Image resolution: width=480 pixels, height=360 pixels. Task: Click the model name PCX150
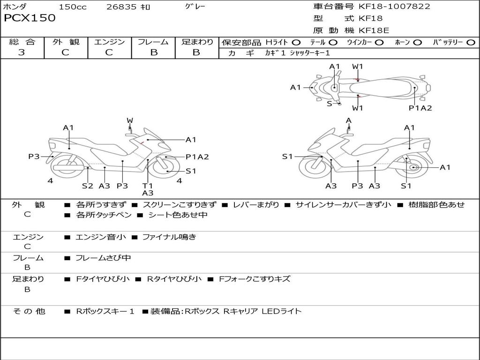pyautogui.click(x=30, y=18)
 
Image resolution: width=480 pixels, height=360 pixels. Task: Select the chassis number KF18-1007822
pyautogui.click(x=394, y=6)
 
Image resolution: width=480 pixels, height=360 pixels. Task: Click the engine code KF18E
pyautogui.click(x=374, y=30)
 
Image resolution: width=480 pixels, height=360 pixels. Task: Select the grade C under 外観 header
pyautogui.click(x=66, y=52)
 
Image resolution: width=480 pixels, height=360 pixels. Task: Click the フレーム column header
pyautogui.click(x=153, y=42)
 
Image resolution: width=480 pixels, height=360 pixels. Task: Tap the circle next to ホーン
pyautogui.click(x=417, y=43)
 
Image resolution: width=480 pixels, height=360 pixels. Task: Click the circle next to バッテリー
pyautogui.click(x=471, y=43)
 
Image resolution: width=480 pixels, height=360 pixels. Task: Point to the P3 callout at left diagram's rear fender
pyautogui.click(x=34, y=157)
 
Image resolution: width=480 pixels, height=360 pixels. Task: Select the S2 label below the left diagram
pyautogui.click(x=87, y=186)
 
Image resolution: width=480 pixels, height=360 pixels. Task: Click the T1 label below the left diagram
pyautogui.click(x=147, y=186)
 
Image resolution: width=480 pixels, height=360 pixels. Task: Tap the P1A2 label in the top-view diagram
pyautogui.click(x=420, y=108)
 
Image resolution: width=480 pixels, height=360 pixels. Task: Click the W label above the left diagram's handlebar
pyautogui.click(x=130, y=120)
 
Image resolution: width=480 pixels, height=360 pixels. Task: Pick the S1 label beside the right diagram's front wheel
pyautogui.click(x=287, y=157)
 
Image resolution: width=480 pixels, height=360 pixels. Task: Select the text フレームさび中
pyautogui.click(x=103, y=258)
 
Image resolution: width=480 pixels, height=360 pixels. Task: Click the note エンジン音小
pyautogui.click(x=101, y=237)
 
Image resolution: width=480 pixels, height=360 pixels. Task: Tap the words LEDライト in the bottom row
pyautogui.click(x=282, y=311)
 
